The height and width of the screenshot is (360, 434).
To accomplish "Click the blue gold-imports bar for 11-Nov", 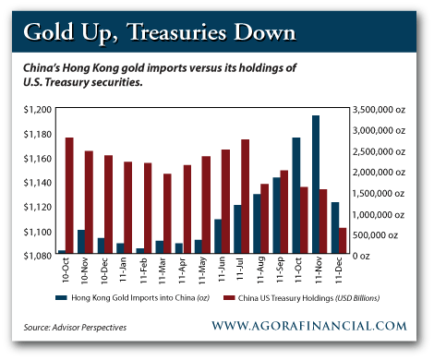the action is pyautogui.click(x=316, y=185).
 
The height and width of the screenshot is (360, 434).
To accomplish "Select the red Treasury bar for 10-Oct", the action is pyautogui.click(x=69, y=196).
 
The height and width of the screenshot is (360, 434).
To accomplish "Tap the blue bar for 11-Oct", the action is pyautogui.click(x=296, y=196).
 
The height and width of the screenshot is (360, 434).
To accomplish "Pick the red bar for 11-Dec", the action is pyautogui.click(x=343, y=241).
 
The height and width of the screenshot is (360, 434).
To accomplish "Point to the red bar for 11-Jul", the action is pyautogui.click(x=246, y=197).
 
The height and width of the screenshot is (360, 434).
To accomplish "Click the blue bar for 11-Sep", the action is pyautogui.click(x=276, y=215).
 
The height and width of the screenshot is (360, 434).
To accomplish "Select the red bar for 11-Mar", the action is pyautogui.click(x=167, y=213).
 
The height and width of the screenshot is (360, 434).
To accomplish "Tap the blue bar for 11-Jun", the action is pyautogui.click(x=218, y=236).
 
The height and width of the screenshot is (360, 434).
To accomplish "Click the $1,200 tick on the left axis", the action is pyautogui.click(x=37, y=110).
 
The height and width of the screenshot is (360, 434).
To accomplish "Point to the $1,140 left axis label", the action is pyautogui.click(x=37, y=183).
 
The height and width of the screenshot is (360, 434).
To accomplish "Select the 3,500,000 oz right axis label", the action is pyautogui.click(x=379, y=110).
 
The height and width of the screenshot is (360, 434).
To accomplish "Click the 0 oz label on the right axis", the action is pyautogui.click(x=361, y=256).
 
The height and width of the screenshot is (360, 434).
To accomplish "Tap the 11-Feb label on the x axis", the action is pyautogui.click(x=143, y=270).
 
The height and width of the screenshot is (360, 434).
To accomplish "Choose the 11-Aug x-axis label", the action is pyautogui.click(x=260, y=270).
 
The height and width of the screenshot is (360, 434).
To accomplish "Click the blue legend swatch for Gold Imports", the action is pyautogui.click(x=61, y=298).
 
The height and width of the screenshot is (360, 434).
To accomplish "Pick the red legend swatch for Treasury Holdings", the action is pyautogui.click(x=229, y=298).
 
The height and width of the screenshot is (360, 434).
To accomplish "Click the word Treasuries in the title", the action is pyautogui.click(x=177, y=32).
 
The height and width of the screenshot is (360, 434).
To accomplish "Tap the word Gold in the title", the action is pyautogui.click(x=49, y=32).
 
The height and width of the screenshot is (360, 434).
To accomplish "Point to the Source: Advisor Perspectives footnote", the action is pyautogui.click(x=75, y=328).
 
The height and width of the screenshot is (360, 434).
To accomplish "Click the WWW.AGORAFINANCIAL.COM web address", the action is pyautogui.click(x=309, y=326).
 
